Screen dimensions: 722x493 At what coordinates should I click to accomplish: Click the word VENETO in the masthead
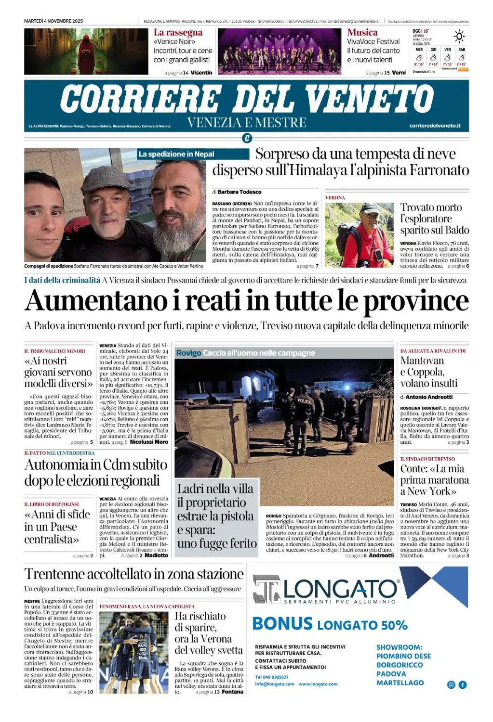369,99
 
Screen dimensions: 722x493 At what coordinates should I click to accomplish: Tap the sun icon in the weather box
459,37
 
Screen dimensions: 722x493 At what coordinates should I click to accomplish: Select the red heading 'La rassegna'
178,33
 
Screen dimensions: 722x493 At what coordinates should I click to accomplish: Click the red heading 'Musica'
362,33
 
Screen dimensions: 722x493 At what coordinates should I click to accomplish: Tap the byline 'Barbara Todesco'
240,192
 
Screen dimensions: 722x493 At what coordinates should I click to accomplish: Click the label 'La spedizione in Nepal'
176,154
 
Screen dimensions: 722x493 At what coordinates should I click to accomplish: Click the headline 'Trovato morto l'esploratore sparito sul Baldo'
431,219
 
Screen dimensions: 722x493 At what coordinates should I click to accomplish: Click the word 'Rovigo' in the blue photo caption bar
188,353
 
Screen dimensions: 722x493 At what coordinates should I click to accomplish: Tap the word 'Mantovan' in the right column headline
422,361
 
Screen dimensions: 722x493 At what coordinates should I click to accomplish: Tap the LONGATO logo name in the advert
340,588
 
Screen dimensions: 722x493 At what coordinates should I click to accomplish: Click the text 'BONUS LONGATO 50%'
330,624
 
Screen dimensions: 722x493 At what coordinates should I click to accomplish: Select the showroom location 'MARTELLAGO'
400,683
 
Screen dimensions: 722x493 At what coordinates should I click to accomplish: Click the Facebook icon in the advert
463,684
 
